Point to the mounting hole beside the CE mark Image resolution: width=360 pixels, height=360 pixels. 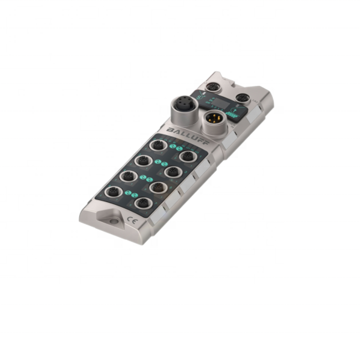coord(114,222)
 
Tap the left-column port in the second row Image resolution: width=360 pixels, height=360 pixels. coord(143,161)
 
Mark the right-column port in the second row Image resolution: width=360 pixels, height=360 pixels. coord(172,172)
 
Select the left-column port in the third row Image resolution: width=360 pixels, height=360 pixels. coord(128,176)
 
